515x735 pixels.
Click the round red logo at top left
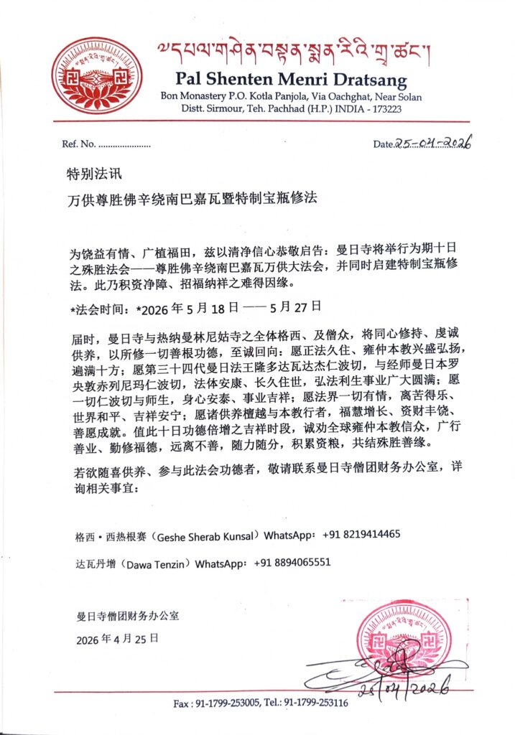tap(96, 75)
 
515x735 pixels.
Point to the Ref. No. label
tap(78, 144)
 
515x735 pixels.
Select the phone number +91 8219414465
tap(361, 535)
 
